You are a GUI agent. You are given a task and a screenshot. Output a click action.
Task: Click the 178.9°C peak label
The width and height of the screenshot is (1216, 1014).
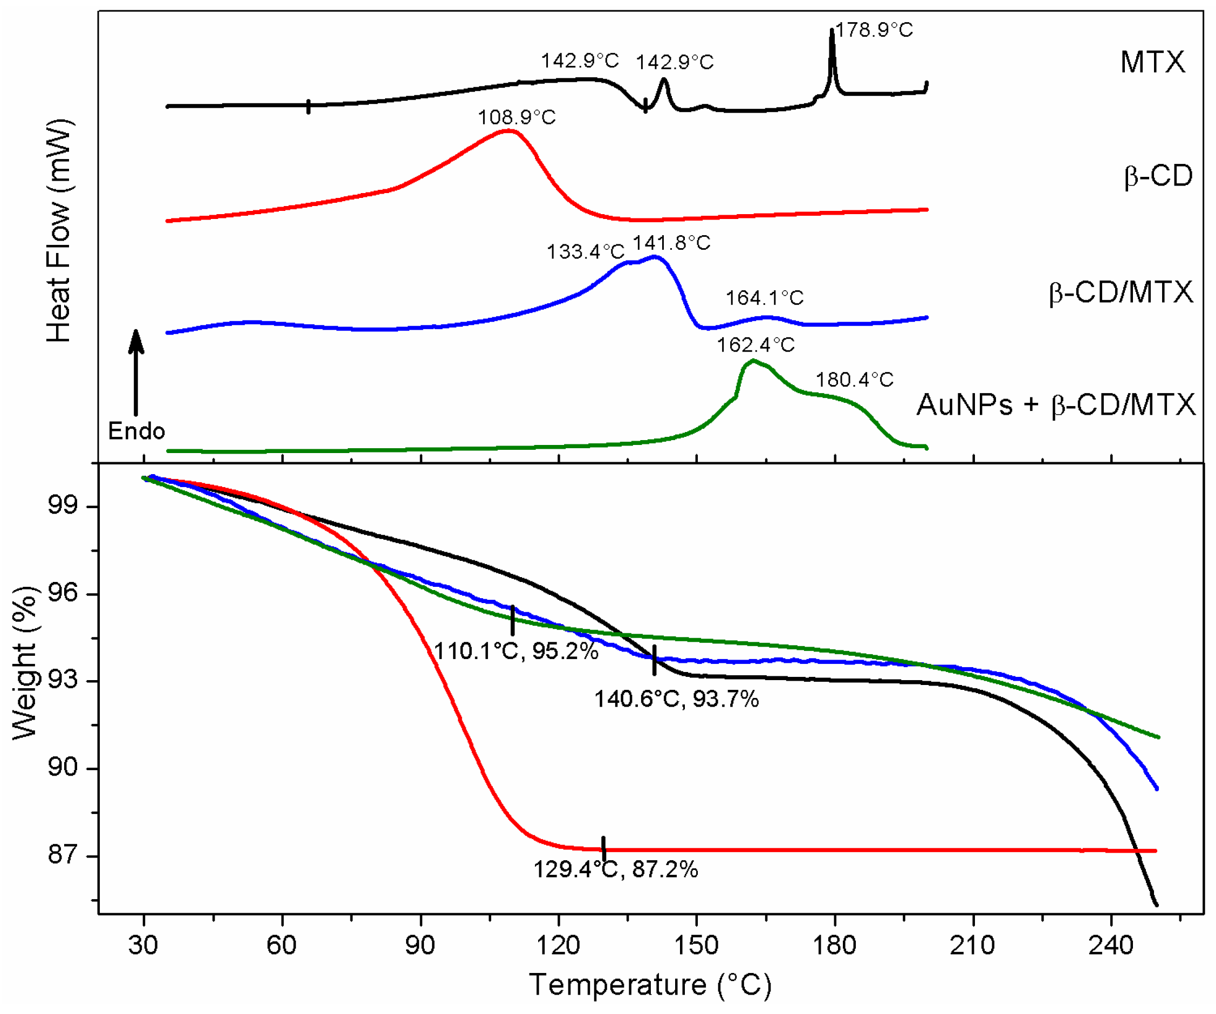pyautogui.click(x=874, y=30)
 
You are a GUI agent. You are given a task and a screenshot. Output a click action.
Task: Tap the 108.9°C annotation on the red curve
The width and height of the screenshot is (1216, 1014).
pyautogui.click(x=517, y=118)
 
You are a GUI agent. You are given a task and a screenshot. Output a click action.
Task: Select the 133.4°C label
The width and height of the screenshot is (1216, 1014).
pyautogui.click(x=586, y=252)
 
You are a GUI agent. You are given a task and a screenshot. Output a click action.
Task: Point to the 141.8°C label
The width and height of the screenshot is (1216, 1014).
pyautogui.click(x=671, y=243)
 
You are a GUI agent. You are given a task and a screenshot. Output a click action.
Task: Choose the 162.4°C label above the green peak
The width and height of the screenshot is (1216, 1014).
pyautogui.click(x=755, y=345)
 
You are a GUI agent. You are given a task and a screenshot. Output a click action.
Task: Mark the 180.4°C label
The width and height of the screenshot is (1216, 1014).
pyautogui.click(x=855, y=380)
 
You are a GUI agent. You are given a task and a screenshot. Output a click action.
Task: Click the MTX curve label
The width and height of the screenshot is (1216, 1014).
pyautogui.click(x=1152, y=62)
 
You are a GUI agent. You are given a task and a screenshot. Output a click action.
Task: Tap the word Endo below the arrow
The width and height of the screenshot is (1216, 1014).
pyautogui.click(x=136, y=431)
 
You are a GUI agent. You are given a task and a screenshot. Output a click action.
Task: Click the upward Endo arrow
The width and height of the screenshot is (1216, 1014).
pyautogui.click(x=136, y=371)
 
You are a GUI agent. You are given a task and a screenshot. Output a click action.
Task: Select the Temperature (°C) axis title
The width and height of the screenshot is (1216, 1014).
pyautogui.click(x=650, y=984)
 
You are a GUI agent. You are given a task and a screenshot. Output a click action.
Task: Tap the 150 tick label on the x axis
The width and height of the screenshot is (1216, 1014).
pyautogui.click(x=696, y=945)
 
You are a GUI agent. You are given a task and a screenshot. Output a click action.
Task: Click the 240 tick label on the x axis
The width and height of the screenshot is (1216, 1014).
pyautogui.click(x=1111, y=945)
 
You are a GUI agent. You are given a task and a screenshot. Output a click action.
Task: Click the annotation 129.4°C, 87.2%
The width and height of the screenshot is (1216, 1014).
pyautogui.click(x=615, y=869)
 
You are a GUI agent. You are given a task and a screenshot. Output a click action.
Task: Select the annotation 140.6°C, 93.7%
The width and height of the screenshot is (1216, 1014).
pyautogui.click(x=676, y=699)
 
